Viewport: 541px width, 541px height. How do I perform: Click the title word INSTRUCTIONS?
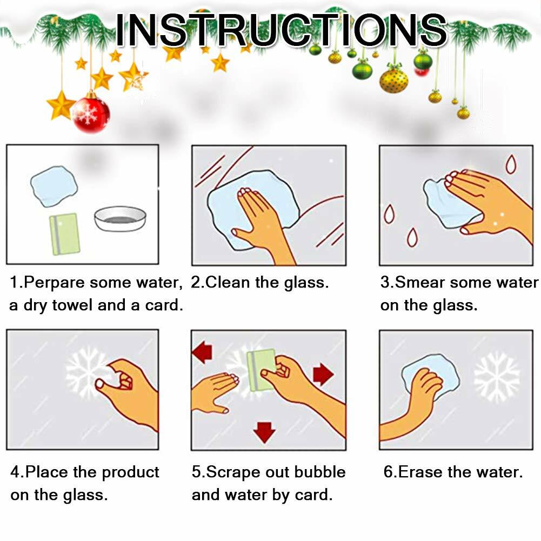click(281, 30)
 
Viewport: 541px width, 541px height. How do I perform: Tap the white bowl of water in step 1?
click(120, 219)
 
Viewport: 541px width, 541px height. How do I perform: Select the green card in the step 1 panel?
click(64, 234)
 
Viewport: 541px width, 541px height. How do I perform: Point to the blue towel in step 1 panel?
click(54, 186)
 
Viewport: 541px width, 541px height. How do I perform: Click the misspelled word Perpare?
click(54, 283)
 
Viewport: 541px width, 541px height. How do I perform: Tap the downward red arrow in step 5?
click(264, 432)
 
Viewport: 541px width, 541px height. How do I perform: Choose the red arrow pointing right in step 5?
click(323, 374)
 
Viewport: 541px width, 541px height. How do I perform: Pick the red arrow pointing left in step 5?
click(202, 352)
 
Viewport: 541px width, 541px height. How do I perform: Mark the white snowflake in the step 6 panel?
click(497, 377)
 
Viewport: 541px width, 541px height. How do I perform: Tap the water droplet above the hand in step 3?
click(511, 164)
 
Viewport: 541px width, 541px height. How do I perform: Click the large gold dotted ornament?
click(393, 81)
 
